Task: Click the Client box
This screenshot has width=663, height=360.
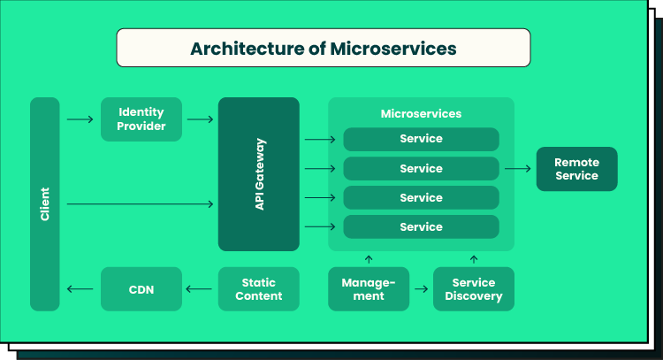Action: pos(45,204)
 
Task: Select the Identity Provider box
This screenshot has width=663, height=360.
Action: pos(141,119)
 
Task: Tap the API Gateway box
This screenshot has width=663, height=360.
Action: pos(259,174)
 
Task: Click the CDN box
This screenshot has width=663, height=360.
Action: pos(141,289)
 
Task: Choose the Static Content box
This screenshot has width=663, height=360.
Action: pos(259,289)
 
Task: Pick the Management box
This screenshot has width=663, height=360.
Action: pos(369,289)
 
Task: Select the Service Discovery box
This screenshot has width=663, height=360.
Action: pos(474,289)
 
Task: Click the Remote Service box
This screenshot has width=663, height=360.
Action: pos(576,169)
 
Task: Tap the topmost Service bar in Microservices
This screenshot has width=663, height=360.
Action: pos(421,139)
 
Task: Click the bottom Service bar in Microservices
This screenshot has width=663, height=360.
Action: pos(421,227)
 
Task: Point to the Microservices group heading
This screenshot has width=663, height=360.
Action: pos(421,114)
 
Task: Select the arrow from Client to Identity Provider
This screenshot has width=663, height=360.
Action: pos(80,119)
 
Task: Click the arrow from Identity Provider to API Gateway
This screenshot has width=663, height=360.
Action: pos(201,119)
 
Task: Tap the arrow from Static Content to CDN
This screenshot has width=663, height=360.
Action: pos(201,289)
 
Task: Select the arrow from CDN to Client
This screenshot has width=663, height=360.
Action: pos(80,289)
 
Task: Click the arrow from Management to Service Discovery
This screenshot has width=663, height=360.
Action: pos(421,289)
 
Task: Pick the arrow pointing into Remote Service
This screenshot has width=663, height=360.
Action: pos(516,169)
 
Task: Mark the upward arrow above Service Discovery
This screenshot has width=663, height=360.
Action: pos(474,259)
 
